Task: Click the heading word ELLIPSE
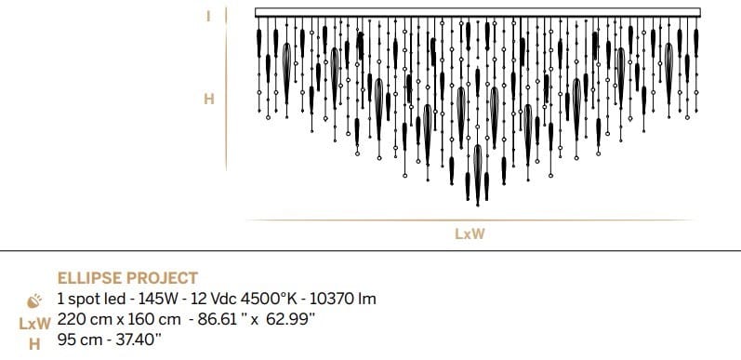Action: coord(90,278)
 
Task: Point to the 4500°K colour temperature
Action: coord(270,300)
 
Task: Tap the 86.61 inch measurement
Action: coord(219,320)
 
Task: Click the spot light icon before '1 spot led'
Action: coord(36,300)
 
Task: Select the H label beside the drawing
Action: coord(208,98)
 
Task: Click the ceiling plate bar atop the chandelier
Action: coord(474,12)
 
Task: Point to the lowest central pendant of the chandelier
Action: coord(478,177)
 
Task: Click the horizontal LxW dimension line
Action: coord(470,220)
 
